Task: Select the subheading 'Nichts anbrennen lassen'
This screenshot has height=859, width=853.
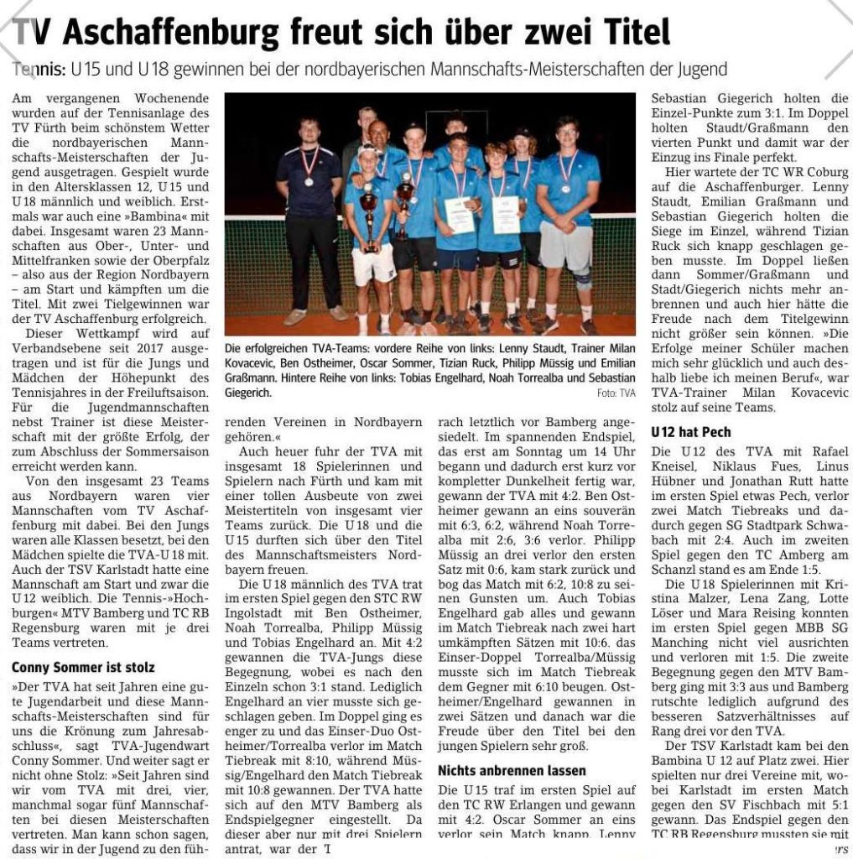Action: point(510,769)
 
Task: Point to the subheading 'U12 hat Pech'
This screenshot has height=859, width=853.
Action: point(691,432)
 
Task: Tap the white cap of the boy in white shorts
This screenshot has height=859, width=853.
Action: point(367,152)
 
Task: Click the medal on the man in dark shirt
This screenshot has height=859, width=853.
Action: point(308,180)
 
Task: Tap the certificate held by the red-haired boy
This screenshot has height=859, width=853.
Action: point(506,214)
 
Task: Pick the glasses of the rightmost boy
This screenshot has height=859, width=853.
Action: point(566,134)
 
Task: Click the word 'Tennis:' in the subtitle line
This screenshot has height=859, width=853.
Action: point(38,70)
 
